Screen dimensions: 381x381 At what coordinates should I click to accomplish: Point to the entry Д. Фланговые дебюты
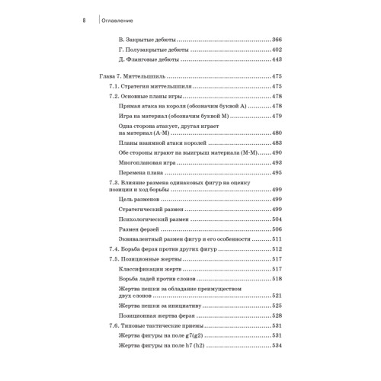(149, 59)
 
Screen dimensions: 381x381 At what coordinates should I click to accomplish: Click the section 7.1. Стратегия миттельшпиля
(151, 88)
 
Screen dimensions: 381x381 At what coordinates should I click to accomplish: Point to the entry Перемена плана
(142, 173)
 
